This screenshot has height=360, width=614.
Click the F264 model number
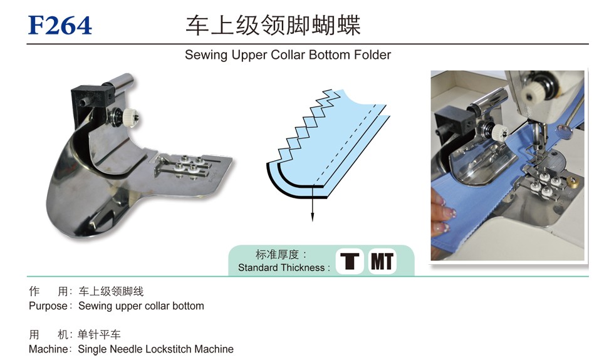tap(60, 26)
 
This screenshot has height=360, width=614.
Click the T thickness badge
tap(350, 261)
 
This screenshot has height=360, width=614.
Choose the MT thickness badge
tap(382, 261)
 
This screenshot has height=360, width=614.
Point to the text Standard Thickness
tap(281, 268)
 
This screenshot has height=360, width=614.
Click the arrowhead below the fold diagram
tap(313, 217)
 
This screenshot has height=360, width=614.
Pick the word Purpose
tap(48, 306)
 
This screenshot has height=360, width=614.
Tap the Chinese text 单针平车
tap(99, 334)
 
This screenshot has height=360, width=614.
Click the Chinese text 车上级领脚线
tap(112, 291)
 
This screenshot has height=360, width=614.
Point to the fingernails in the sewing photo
tap(442, 213)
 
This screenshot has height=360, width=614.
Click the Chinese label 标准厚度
tap(277, 254)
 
